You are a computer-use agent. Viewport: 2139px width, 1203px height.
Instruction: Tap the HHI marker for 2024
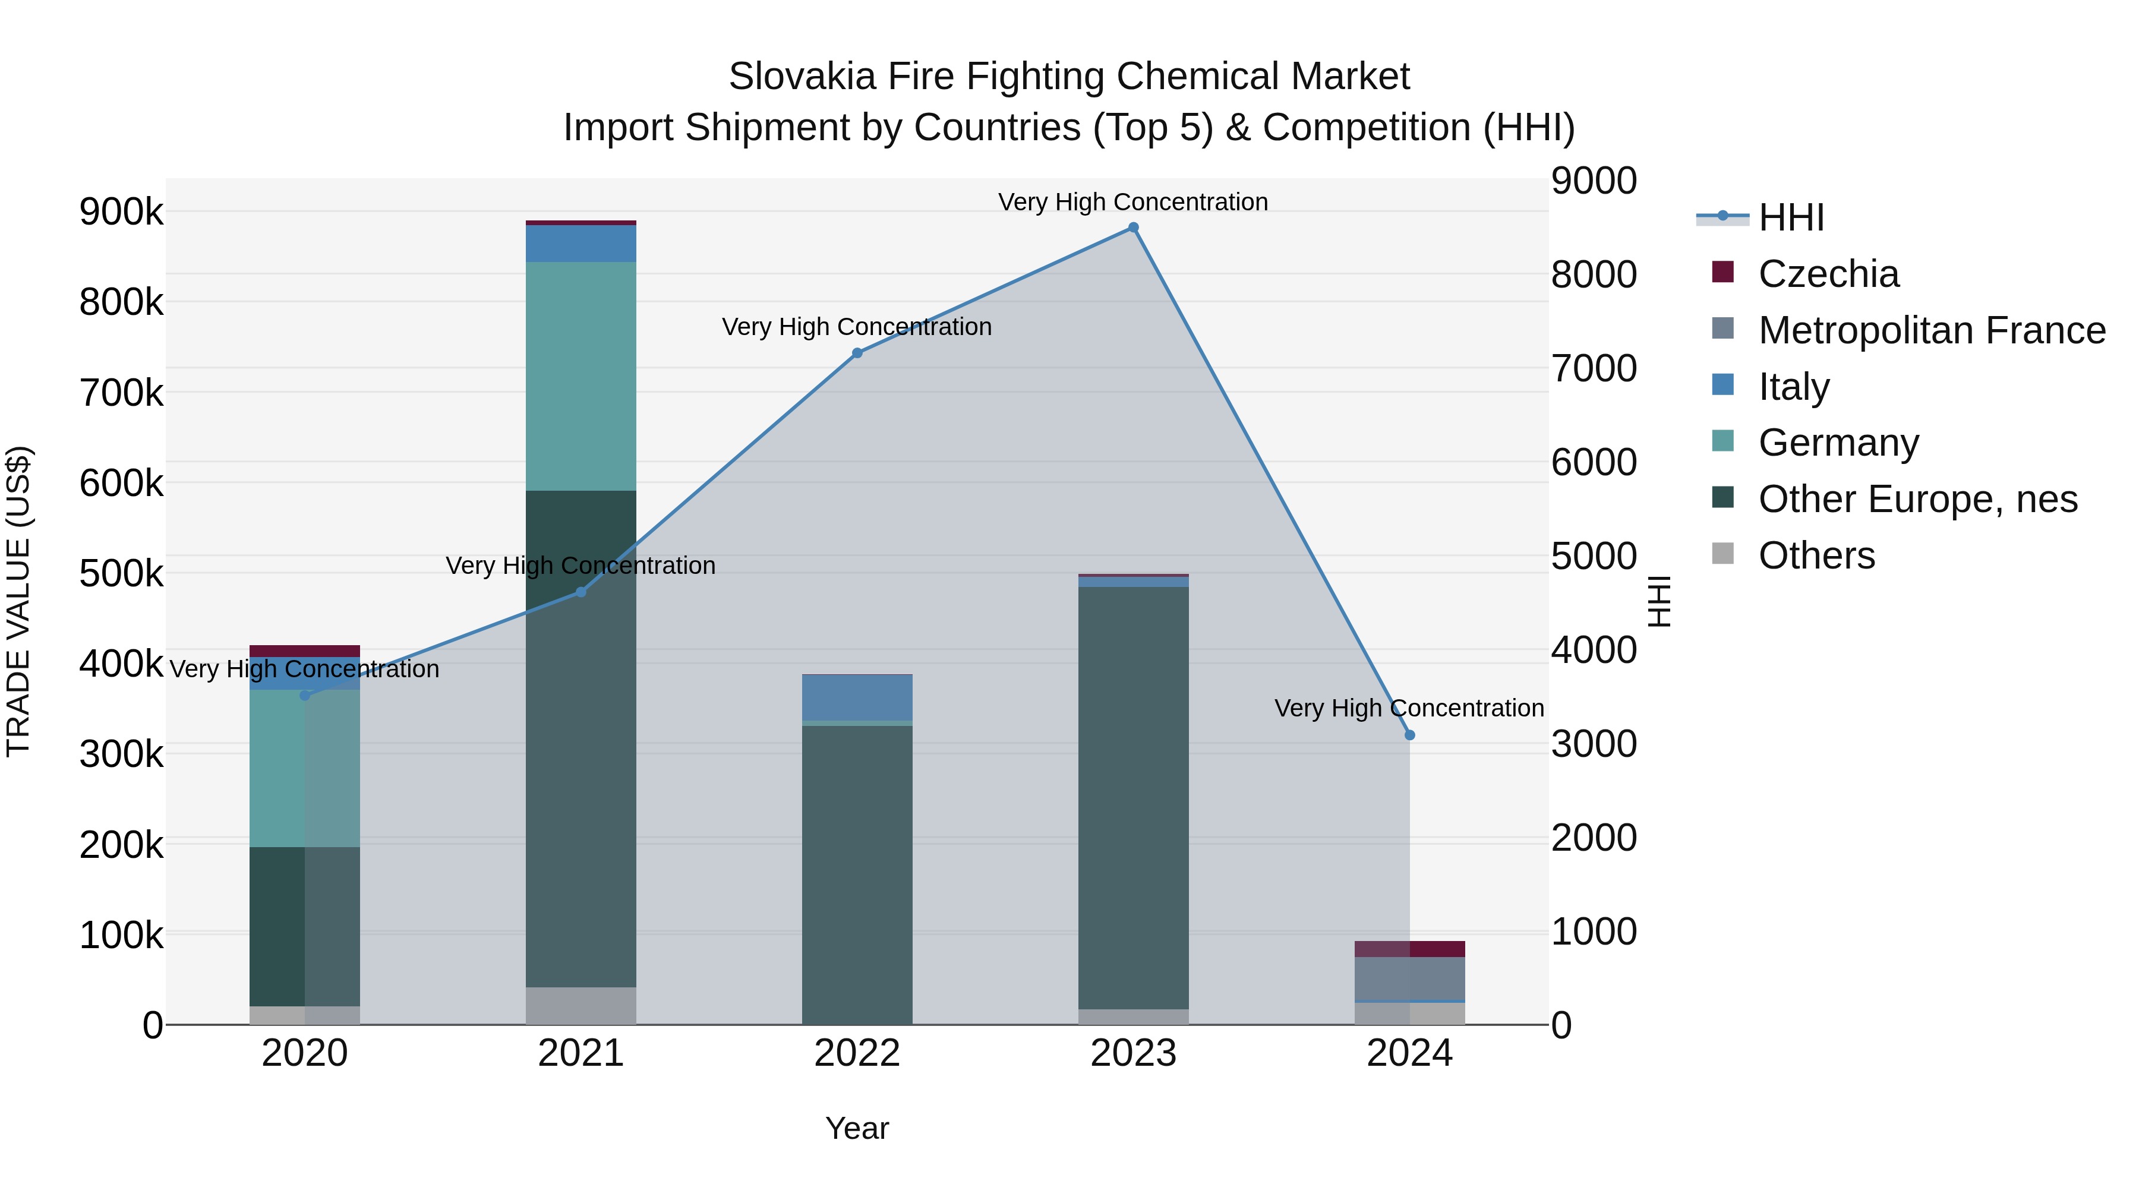pyautogui.click(x=1409, y=735)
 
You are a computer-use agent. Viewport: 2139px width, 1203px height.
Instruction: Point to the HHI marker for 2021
pyautogui.click(x=581, y=592)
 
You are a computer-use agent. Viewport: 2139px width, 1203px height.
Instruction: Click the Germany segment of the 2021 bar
pyautogui.click(x=581, y=376)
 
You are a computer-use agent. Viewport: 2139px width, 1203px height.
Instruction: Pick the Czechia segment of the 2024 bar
pyautogui.click(x=1409, y=949)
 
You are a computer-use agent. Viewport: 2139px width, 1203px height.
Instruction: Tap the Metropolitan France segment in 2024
pyautogui.click(x=1409, y=979)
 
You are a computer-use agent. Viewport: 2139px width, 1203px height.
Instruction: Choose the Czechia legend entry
pyautogui.click(x=1828, y=274)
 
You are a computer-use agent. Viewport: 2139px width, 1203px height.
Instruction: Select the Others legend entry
pyautogui.click(x=1816, y=555)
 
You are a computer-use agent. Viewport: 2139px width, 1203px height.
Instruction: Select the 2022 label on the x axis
pyautogui.click(x=857, y=1053)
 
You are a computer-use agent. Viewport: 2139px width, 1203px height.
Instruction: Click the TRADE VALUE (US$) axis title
pyautogui.click(x=18, y=601)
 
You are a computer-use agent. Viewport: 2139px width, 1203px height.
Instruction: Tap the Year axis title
pyautogui.click(x=857, y=1128)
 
